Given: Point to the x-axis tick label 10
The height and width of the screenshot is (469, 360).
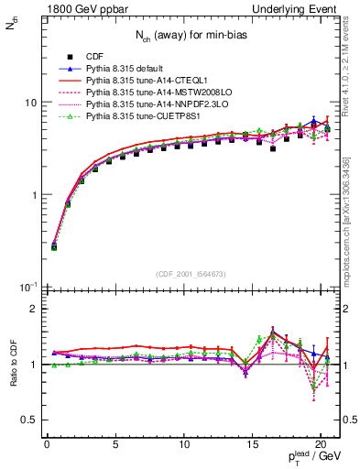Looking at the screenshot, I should pos(185,444).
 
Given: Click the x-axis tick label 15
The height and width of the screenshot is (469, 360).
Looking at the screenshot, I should pos(254,444).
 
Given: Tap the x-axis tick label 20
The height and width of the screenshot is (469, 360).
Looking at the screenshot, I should pos(322,444).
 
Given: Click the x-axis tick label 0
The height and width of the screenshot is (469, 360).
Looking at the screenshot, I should pos(48,444).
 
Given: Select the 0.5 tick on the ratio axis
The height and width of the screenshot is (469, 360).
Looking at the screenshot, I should pos(28,420).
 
